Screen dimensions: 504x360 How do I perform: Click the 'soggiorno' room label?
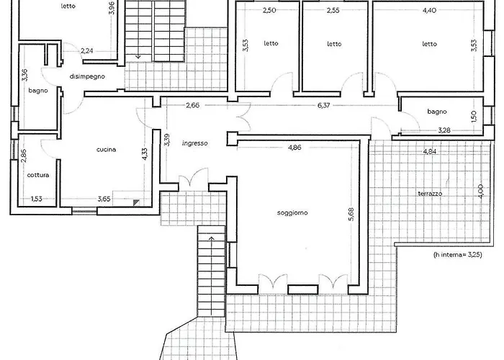[292, 213]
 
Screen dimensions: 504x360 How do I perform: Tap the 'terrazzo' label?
[430, 194]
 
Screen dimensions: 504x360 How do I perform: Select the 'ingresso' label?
[195, 143]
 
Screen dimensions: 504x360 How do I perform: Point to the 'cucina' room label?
[106, 150]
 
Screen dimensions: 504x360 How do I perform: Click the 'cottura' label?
[38, 175]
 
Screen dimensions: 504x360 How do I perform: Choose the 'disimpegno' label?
[87, 76]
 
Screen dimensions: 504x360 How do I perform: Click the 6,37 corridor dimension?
[324, 105]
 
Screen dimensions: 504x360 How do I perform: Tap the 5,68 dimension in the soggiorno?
[351, 214]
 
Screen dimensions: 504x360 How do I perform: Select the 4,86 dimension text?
[294, 148]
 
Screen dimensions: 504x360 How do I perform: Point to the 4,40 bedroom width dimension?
[429, 10]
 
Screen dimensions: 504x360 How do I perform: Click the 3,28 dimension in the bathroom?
[444, 130]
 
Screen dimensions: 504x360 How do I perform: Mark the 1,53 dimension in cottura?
[36, 199]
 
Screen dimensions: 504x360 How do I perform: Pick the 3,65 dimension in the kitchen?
[104, 199]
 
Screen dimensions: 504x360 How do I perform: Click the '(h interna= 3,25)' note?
[458, 255]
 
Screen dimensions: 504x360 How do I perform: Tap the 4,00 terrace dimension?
[480, 192]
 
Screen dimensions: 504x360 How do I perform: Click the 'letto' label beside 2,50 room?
[271, 43]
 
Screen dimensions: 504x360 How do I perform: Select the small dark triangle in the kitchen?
[136, 202]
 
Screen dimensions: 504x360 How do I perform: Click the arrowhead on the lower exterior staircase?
[212, 238]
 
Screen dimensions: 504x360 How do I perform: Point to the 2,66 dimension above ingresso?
[192, 105]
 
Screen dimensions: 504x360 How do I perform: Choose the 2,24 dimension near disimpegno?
[87, 50]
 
